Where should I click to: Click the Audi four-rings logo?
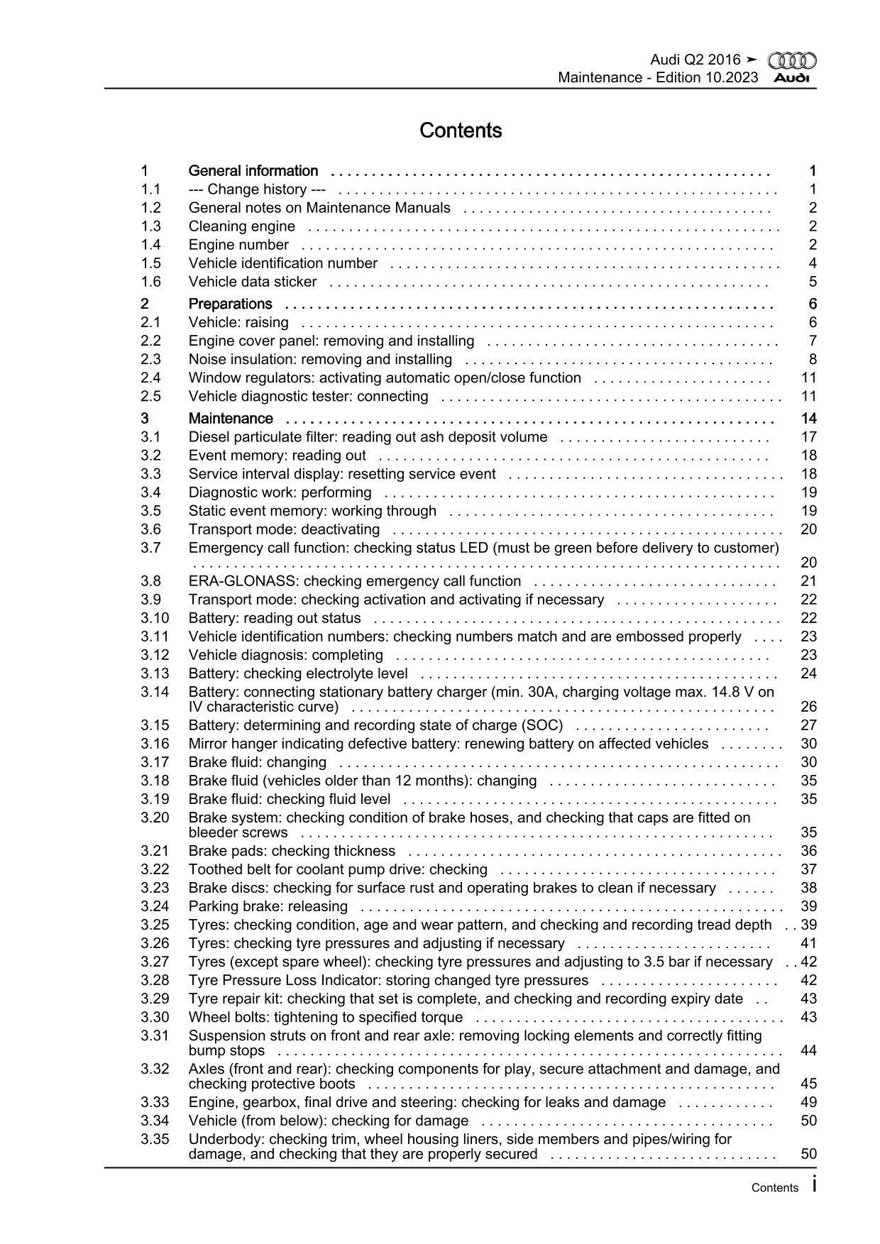(x=792, y=61)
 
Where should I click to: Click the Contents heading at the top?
(x=461, y=131)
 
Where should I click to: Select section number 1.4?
(x=150, y=245)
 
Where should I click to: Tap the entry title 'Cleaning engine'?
(x=242, y=226)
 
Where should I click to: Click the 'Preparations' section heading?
(x=230, y=304)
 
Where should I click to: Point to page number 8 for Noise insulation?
(x=813, y=359)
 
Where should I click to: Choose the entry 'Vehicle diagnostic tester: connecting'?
(x=308, y=396)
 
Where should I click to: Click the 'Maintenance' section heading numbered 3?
(x=231, y=419)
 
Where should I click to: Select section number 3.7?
(x=150, y=548)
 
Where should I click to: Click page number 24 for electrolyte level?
(x=808, y=673)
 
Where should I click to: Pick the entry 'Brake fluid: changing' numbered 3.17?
(x=258, y=762)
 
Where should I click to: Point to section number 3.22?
(x=155, y=869)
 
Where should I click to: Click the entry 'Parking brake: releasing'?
(x=268, y=906)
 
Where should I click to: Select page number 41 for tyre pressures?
(x=808, y=943)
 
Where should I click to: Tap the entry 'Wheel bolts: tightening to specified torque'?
(x=326, y=1017)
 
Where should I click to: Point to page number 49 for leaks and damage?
(x=808, y=1102)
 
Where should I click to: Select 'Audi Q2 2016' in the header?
(x=695, y=60)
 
